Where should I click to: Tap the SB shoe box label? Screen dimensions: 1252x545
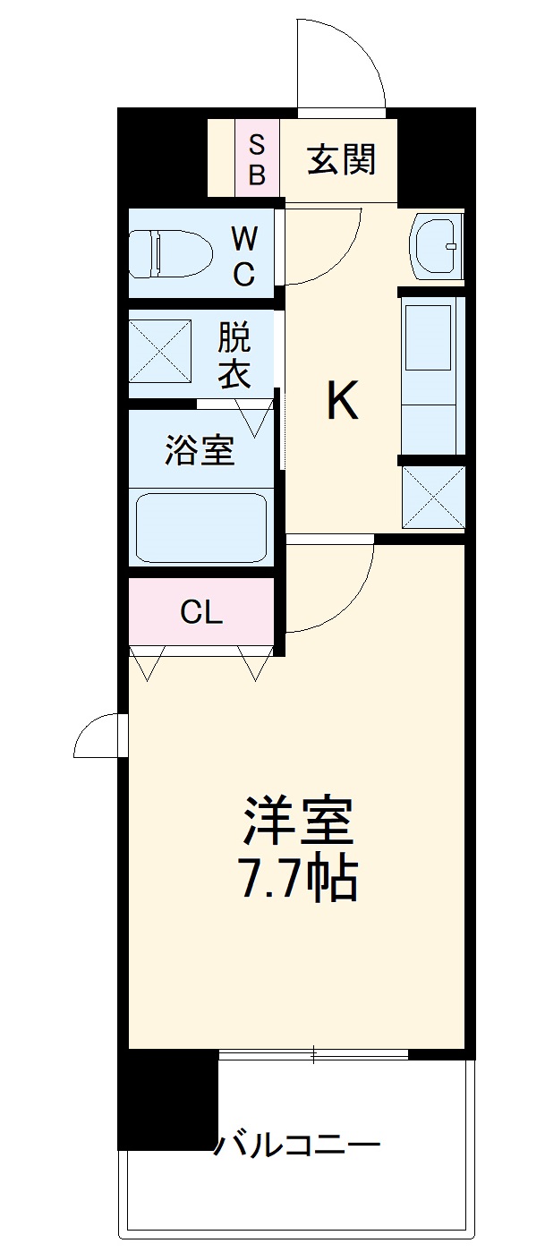pyautogui.click(x=257, y=160)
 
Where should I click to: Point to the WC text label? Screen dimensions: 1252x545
pyautogui.click(x=243, y=256)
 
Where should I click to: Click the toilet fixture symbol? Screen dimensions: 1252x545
pyautogui.click(x=169, y=254)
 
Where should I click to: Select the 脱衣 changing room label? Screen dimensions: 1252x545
pyautogui.click(x=234, y=355)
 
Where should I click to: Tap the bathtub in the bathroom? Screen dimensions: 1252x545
pyautogui.click(x=200, y=525)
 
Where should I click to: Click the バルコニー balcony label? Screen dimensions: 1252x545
pyautogui.click(x=296, y=1144)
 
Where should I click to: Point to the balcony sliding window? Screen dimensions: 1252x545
pyautogui.click(x=313, y=1055)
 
